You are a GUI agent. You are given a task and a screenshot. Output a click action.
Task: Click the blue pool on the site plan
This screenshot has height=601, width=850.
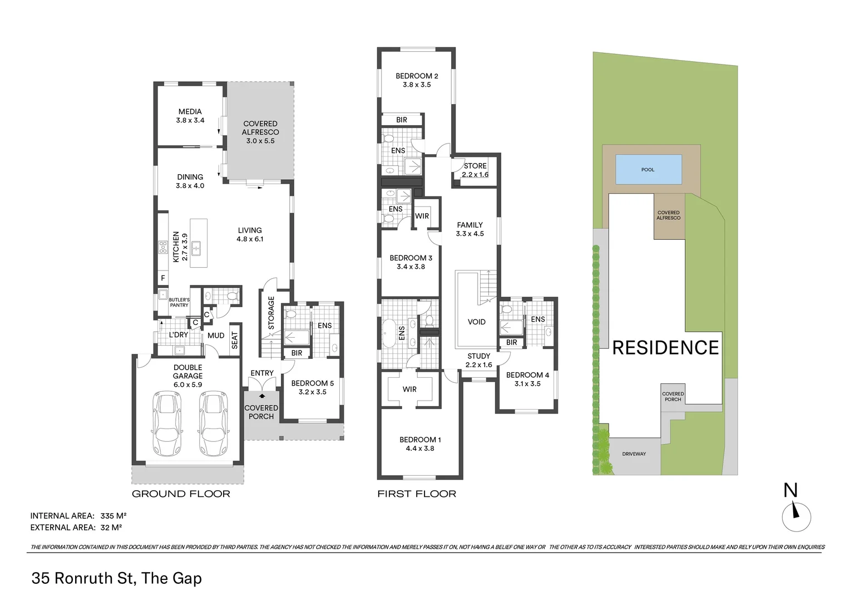point(649,169)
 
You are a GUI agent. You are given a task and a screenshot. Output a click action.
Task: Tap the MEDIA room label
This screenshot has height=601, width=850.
point(190,112)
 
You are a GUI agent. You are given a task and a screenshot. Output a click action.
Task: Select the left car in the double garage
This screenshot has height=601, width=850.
point(167,423)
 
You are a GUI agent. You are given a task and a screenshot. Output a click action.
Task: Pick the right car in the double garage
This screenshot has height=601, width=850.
point(213,423)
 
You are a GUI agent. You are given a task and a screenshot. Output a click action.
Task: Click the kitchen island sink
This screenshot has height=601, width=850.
point(196,248)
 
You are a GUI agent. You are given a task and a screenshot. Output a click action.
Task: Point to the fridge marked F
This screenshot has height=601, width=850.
point(163,278)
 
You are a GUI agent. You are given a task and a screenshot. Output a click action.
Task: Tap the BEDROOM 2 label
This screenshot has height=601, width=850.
point(417,76)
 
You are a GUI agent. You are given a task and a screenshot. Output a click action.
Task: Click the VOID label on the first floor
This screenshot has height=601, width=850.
point(477,322)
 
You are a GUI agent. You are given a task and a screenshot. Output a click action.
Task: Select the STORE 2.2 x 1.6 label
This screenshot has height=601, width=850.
point(475,170)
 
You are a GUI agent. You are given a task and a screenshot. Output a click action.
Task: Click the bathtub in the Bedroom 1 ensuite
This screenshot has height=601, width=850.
point(389,333)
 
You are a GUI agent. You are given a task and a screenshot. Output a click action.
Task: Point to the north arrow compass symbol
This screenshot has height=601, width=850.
point(796,517)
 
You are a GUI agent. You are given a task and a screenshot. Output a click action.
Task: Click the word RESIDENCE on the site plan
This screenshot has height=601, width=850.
point(665,348)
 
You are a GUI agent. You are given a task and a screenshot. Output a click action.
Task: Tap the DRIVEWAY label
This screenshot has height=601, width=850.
point(634,454)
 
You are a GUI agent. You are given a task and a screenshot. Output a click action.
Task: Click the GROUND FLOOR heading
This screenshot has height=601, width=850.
point(181,494)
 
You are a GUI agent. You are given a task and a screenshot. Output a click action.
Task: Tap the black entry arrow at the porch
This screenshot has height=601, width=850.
point(262,396)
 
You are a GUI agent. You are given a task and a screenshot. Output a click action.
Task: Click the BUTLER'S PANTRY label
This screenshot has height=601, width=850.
point(179,303)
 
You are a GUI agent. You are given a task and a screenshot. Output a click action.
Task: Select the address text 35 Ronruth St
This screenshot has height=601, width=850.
point(84,578)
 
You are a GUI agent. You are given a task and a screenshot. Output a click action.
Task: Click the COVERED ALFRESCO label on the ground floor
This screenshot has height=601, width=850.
point(260,128)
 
